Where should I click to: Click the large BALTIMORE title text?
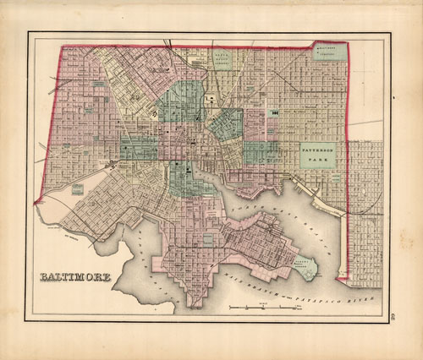(74, 278)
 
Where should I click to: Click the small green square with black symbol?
(275, 112)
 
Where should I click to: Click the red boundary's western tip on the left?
(35, 203)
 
